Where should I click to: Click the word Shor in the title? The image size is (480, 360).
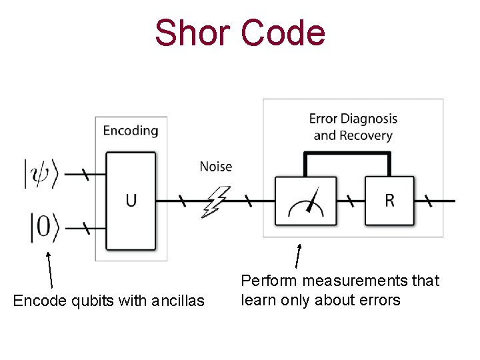(193, 33)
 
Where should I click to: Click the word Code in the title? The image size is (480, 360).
(283, 33)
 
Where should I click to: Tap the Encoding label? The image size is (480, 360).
(131, 130)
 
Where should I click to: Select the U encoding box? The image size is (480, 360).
(131, 200)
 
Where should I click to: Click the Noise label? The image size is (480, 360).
(216, 167)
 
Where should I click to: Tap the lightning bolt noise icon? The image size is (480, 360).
(217, 201)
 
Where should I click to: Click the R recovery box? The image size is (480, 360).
(389, 201)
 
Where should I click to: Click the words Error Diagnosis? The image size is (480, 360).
(353, 119)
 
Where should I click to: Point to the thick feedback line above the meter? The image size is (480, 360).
(347, 153)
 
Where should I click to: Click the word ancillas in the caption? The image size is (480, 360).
(178, 301)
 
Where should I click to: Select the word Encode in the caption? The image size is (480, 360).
(35, 301)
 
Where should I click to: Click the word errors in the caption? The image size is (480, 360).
(381, 300)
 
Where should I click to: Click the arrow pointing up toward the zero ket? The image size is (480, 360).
(50, 270)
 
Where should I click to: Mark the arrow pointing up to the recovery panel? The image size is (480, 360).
(297, 256)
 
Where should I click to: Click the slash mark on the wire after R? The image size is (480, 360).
(427, 200)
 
